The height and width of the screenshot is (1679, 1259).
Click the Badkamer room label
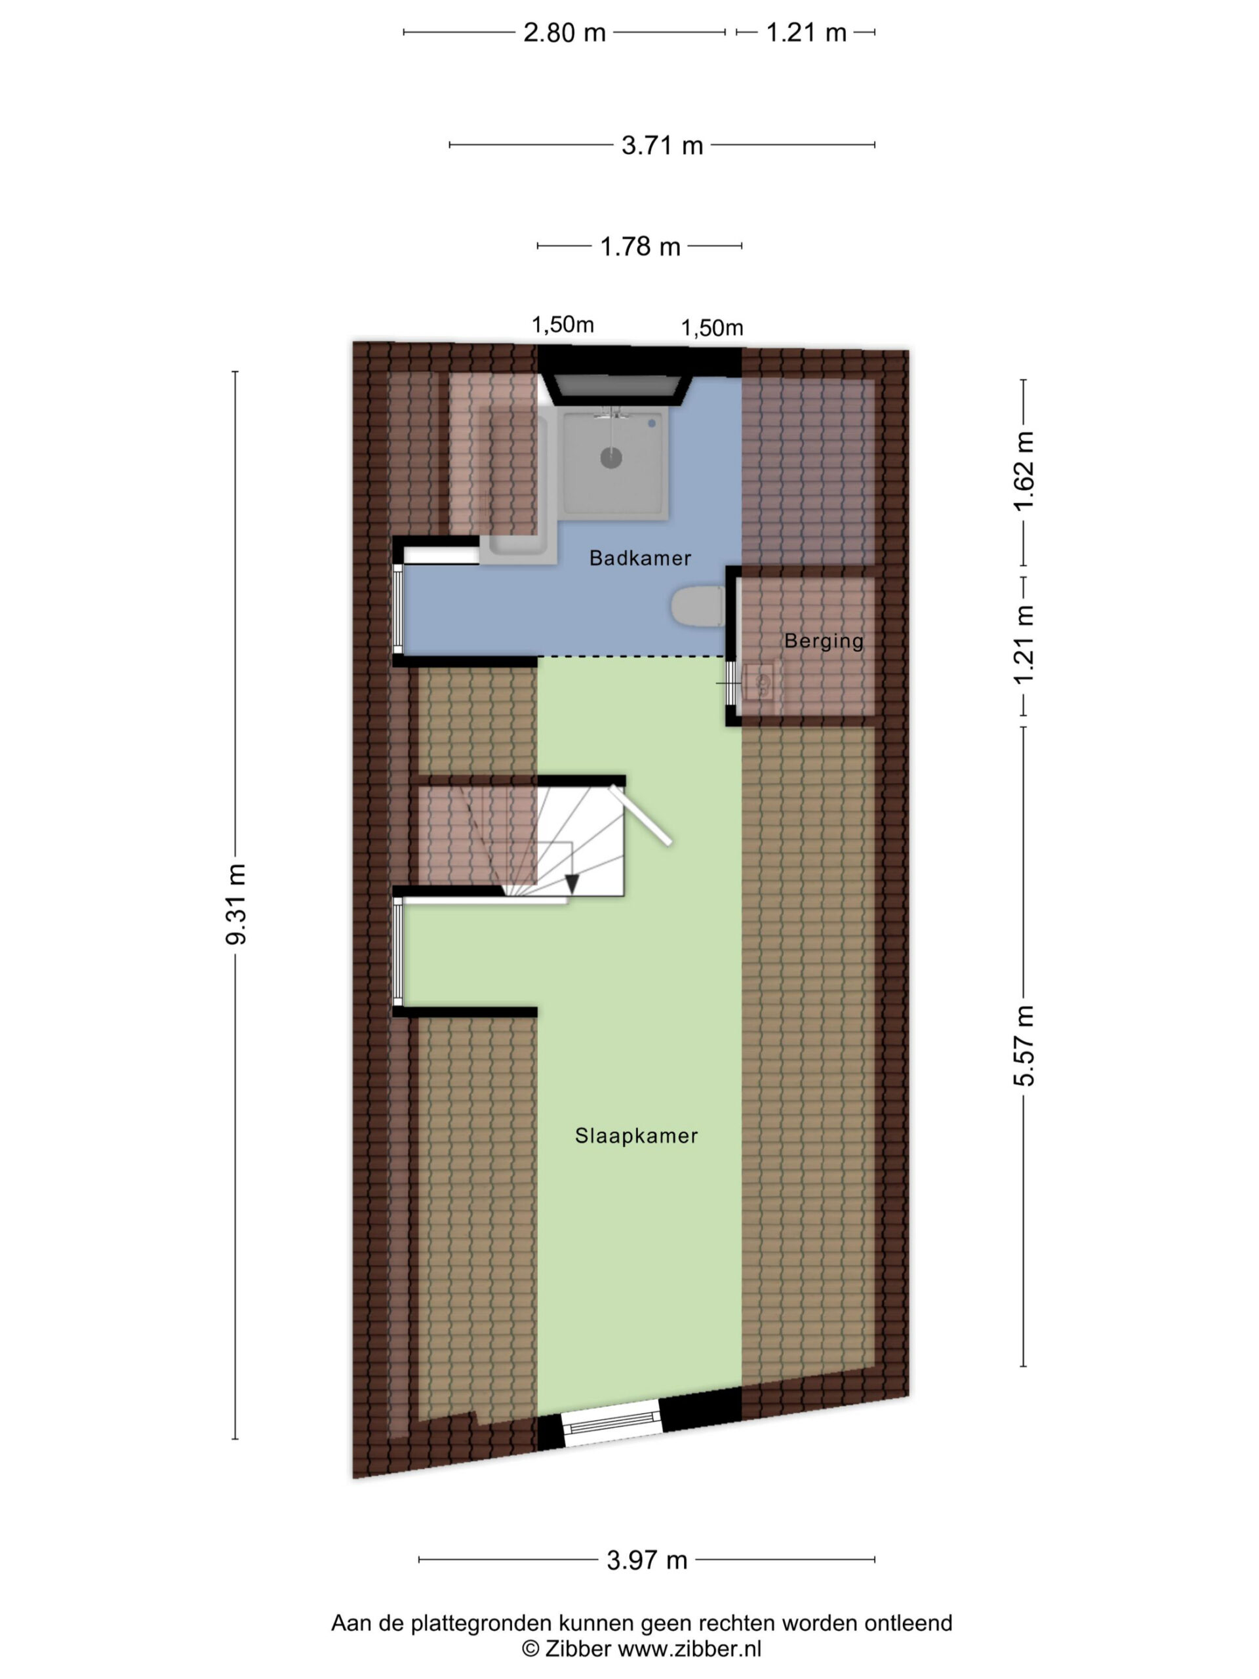pyautogui.click(x=640, y=558)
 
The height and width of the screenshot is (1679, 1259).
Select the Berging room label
pyautogui.click(x=824, y=641)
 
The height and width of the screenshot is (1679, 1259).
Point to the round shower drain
pyautogui.click(x=611, y=458)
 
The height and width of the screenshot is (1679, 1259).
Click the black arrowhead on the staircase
pyautogui.click(x=572, y=883)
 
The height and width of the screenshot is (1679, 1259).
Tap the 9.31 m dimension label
pyautogui.click(x=236, y=904)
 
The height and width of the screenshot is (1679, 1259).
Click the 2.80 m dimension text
pyautogui.click(x=564, y=33)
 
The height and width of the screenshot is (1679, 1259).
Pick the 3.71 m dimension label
pyautogui.click(x=662, y=145)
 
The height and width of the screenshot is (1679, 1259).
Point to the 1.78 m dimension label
pyautogui.click(x=640, y=247)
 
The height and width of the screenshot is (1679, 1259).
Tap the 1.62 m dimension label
pyautogui.click(x=1024, y=471)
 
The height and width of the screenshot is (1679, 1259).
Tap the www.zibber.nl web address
pyautogui.click(x=689, y=1648)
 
